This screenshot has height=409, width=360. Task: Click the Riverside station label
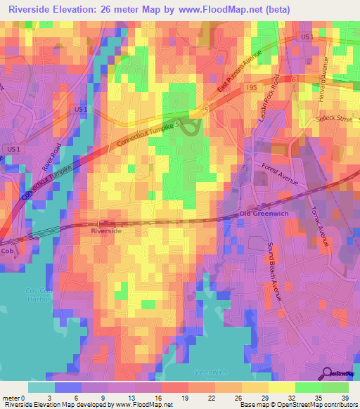tap(106, 231)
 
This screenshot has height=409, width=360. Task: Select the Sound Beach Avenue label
tap(274, 271)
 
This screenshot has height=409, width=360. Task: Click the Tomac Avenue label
tap(320, 219)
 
